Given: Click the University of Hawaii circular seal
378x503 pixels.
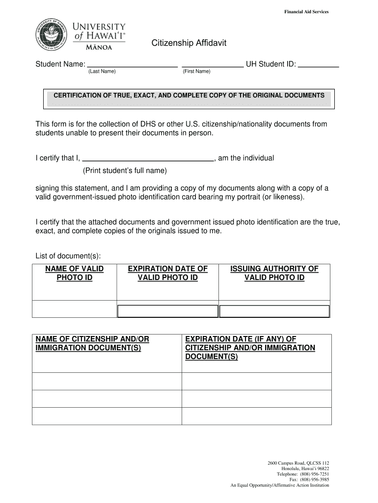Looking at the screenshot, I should point(52,36).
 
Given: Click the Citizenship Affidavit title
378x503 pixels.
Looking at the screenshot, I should point(189,44).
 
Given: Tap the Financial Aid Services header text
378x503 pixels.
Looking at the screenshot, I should point(306,12).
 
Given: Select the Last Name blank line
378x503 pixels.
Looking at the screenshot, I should point(132,64).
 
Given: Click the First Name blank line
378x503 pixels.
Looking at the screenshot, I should point(212,64).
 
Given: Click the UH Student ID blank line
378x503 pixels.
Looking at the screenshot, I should point(319,64).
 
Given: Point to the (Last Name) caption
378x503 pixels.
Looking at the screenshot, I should point(102,72).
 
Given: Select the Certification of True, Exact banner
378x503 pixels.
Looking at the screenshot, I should point(189,95).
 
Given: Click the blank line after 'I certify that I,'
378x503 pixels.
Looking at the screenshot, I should point(148,159).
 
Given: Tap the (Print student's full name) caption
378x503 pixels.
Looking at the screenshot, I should point(125,171).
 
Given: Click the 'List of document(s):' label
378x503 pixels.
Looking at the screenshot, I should point(68,256).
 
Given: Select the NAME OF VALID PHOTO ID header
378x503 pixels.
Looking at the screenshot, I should point(75,273).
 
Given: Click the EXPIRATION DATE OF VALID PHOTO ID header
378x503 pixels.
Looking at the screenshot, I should point(167,273).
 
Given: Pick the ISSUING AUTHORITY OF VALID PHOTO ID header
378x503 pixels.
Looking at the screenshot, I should point(274,273).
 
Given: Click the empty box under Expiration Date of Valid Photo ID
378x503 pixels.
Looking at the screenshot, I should point(167,311).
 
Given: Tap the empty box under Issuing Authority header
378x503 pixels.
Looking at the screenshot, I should point(274,311).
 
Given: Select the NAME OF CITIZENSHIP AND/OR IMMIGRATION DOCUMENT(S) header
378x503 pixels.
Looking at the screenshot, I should point(92,343).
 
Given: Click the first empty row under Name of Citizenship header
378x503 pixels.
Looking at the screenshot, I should point(107,381).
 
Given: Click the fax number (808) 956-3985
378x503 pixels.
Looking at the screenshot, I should point(317,480).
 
